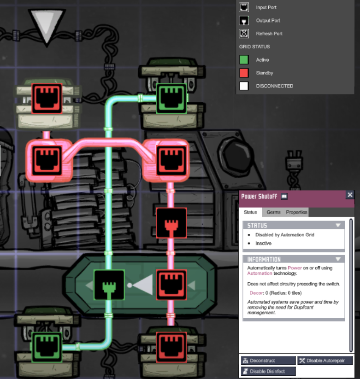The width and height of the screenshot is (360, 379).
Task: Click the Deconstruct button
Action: [x=268, y=361]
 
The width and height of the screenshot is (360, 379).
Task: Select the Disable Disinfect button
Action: [x=268, y=371]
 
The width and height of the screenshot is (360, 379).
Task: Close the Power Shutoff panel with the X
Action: [x=350, y=195]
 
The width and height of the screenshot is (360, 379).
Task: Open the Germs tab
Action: [x=273, y=212]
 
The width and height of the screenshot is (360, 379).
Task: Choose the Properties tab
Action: [x=296, y=212]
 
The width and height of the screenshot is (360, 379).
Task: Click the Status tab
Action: [x=250, y=212]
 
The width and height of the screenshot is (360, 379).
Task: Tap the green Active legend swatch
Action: [x=244, y=60]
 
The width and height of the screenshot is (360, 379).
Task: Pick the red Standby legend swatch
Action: [x=244, y=73]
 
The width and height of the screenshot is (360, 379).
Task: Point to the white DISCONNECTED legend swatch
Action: [x=244, y=86]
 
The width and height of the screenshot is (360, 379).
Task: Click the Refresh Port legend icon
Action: [x=244, y=34]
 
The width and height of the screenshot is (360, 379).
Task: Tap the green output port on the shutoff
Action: [x=109, y=285]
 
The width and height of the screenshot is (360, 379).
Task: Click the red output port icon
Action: [x=171, y=223]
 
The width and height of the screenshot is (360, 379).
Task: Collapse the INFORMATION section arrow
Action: [x=338, y=259]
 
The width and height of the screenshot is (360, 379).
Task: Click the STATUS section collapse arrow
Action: [x=338, y=225]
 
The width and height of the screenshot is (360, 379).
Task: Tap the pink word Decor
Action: [x=256, y=292]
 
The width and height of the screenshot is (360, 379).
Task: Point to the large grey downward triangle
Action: [x=47, y=25]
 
